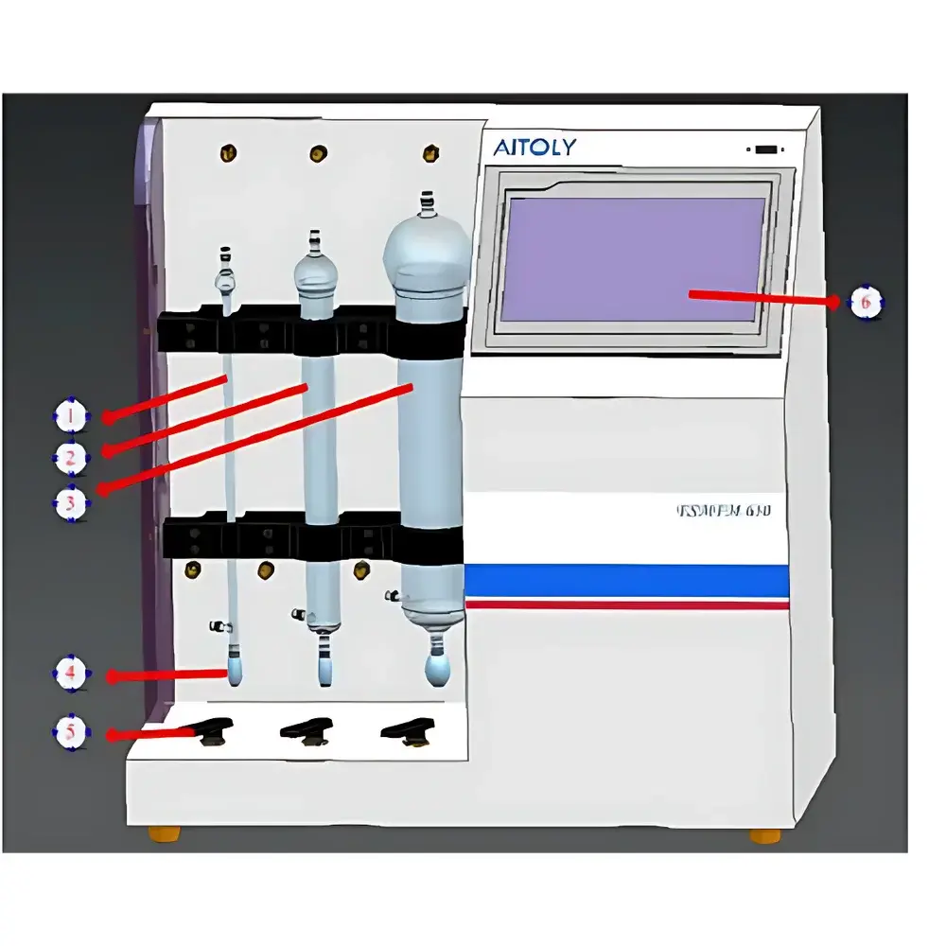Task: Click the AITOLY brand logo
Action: [x=534, y=147]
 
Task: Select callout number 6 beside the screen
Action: [x=865, y=304]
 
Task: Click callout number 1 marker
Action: [x=71, y=415]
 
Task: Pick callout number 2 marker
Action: [x=71, y=459]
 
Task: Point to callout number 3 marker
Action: [x=71, y=503]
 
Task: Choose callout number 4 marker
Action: [x=71, y=674]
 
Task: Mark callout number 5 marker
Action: [x=71, y=733]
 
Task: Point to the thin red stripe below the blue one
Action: [x=626, y=604]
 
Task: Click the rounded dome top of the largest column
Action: [x=427, y=248]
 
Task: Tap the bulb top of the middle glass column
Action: [x=314, y=270]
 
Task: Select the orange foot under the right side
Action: [x=765, y=836]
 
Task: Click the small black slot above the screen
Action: [x=766, y=149]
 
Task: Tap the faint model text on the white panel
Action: [x=724, y=512]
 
